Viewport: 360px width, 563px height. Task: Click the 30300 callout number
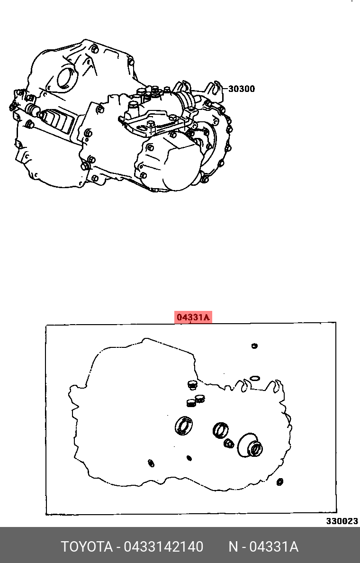pos(241,89)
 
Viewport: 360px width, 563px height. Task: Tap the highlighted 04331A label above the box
pos(193,318)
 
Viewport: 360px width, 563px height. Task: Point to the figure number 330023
pos(342,521)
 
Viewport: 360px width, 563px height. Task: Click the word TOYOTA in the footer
pos(86,546)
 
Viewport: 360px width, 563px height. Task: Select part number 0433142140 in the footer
pos(163,546)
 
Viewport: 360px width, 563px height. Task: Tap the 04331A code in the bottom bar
pos(273,546)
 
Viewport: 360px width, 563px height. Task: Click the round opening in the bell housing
pos(67,78)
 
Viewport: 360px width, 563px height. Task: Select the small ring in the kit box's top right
pos(254,346)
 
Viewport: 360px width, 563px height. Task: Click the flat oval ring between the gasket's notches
pos(255,378)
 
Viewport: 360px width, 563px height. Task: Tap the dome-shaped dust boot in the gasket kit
pos(250,445)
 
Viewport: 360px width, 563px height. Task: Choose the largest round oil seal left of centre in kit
pos(184,426)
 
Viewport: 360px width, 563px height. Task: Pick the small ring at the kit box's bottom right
pos(280,481)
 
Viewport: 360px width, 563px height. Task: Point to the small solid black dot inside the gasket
pos(189,458)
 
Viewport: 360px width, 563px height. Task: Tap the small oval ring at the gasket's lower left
pos(151,463)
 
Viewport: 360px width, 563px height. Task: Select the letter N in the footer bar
pos(234,546)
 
